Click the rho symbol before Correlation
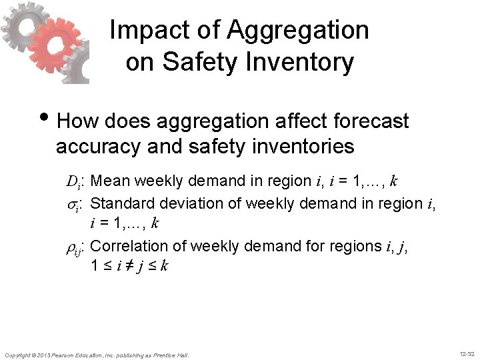[x=73, y=247]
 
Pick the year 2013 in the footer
[x=43, y=355]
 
